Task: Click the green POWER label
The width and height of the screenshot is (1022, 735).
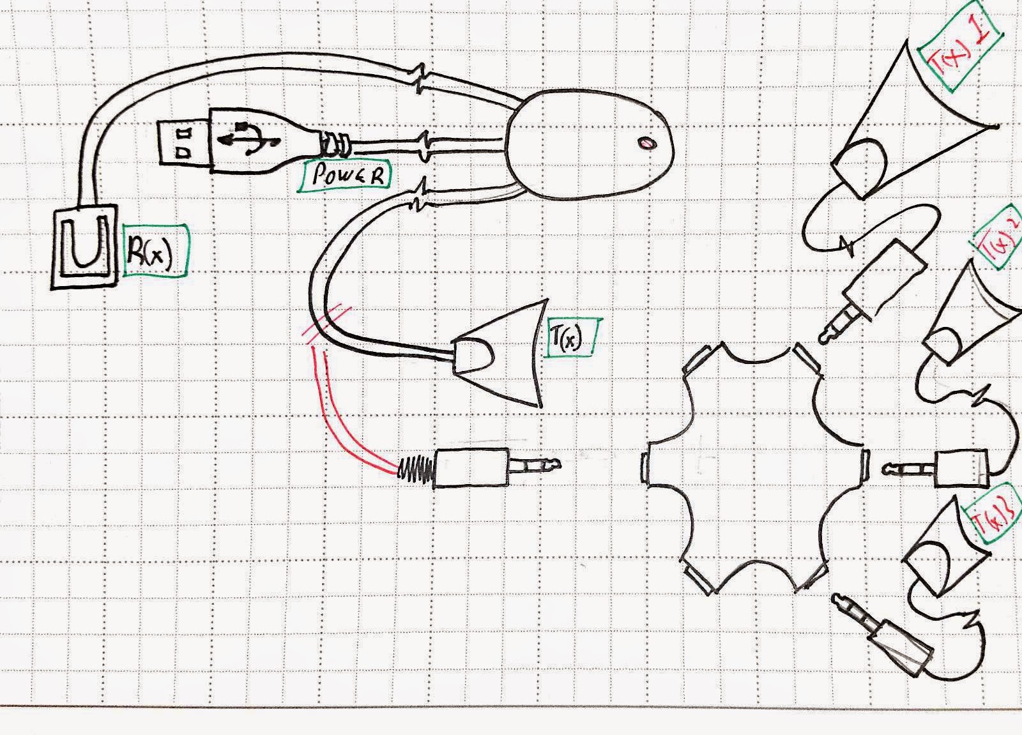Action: pos(344,176)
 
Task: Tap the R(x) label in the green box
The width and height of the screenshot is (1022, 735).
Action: pos(154,250)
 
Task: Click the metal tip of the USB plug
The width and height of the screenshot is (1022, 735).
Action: pos(182,142)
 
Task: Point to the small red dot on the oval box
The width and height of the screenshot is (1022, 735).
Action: pos(647,144)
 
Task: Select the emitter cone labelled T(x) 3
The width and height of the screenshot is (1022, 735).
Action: pos(939,546)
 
